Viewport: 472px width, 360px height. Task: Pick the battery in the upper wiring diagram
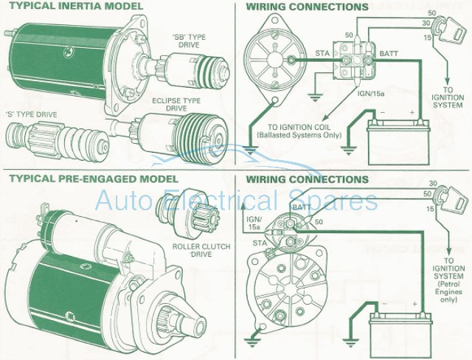coord(398,134)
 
